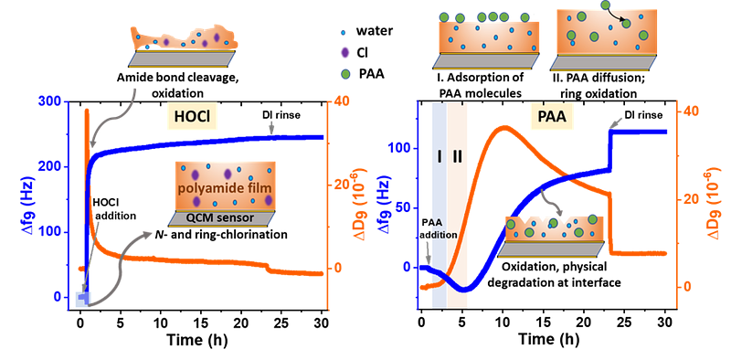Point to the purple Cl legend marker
[344, 53]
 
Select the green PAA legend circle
[344, 74]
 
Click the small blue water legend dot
[344, 33]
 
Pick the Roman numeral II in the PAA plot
[457, 157]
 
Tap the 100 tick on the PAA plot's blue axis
[401, 148]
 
